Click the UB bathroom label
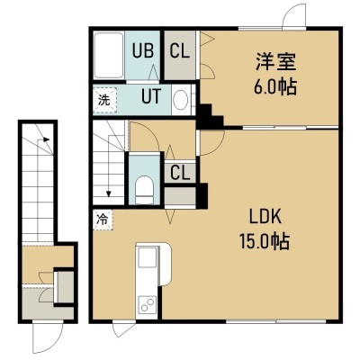[x=143, y=50]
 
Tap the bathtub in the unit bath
[x=109, y=55]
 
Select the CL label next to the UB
[x=180, y=50]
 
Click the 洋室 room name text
[x=276, y=61]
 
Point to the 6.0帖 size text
[x=275, y=86]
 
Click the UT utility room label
[x=151, y=96]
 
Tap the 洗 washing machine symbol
[x=104, y=100]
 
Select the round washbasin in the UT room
[x=181, y=99]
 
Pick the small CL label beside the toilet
[x=180, y=173]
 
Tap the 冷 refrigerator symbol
[x=103, y=220]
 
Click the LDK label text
[x=265, y=217]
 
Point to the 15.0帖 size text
[x=265, y=241]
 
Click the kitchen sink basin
[x=148, y=256]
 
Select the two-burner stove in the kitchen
[x=148, y=304]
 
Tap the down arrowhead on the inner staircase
[x=109, y=193]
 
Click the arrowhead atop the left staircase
[x=46, y=139]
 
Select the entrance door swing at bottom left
[x=48, y=337]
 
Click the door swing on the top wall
[x=294, y=15]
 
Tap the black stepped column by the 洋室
[x=211, y=116]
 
